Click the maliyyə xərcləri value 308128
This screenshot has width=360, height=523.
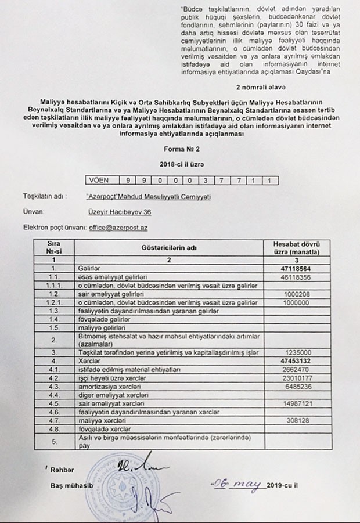pos(297,419)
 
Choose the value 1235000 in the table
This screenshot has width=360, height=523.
pos(297,352)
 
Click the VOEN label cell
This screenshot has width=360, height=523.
pos(98,181)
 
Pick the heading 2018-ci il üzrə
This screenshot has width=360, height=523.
pos(180,165)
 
